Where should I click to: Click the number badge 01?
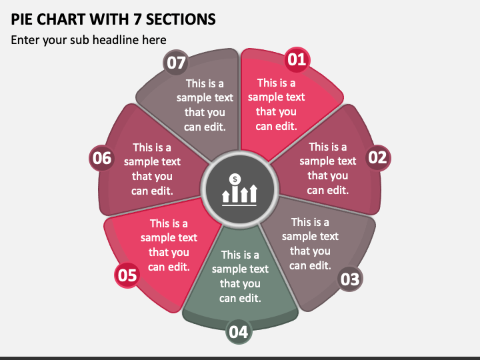click(x=297, y=60)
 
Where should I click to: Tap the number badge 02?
click(x=378, y=157)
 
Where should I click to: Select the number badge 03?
click(x=350, y=279)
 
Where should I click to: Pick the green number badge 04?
click(x=239, y=331)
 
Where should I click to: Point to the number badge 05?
click(x=127, y=275)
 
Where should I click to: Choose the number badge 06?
click(x=102, y=158)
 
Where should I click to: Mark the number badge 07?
click(x=176, y=63)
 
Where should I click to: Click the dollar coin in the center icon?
click(x=235, y=179)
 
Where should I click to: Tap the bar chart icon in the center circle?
click(x=239, y=190)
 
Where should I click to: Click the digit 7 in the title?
click(x=137, y=19)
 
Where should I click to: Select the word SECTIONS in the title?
click(x=181, y=19)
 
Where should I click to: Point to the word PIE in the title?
click(x=22, y=19)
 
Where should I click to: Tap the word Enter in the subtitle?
click(x=25, y=40)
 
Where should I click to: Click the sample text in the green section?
click(x=240, y=277)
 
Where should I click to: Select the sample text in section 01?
click(x=276, y=105)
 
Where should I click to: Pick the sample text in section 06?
click(x=152, y=169)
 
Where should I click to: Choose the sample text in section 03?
click(x=310, y=244)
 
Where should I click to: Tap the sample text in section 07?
click(x=205, y=105)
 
